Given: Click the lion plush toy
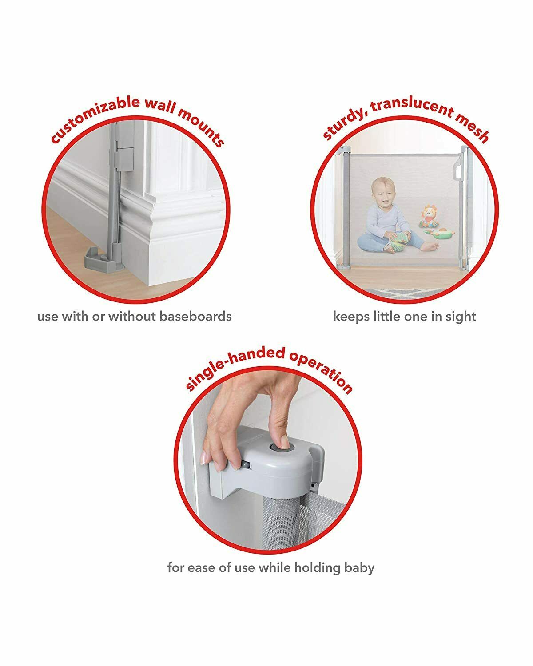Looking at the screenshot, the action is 430,216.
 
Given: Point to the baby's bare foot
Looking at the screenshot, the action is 430,247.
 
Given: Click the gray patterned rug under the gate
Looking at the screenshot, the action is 406,292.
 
